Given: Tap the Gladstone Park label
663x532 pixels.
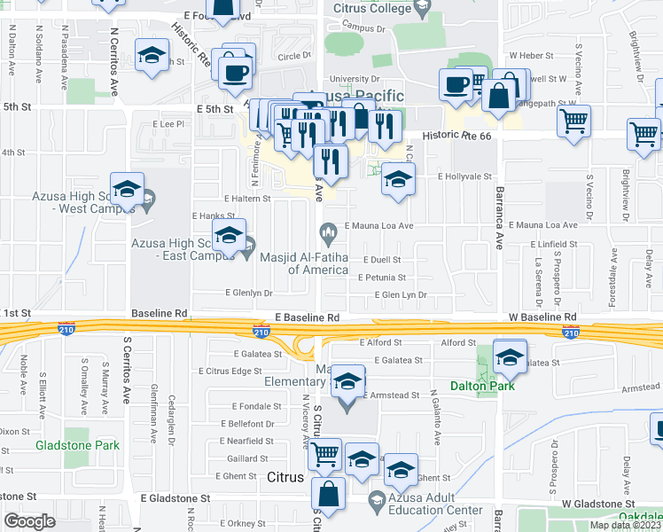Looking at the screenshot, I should pos(77,444).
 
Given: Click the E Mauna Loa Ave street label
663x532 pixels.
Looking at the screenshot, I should pos(380,226).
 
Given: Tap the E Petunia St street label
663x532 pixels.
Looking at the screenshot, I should pos(381,278).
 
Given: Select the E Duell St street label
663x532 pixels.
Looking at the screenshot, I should pos(378,260).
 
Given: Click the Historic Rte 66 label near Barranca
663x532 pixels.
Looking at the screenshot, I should pos(456,136).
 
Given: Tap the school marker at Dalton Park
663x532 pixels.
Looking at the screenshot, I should pos(510,356).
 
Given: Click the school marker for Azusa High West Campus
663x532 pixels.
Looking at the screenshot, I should pos(127,189).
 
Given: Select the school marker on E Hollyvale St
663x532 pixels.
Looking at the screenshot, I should pos(398,179).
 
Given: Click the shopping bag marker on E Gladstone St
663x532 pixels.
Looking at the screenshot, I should pos(328,495).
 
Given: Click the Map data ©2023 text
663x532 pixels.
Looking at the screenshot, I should pos(625,525).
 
